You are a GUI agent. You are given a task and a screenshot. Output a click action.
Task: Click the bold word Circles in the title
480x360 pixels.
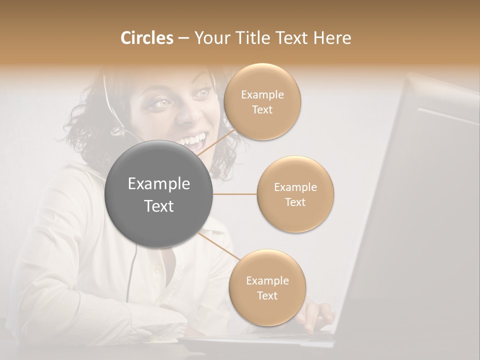(146, 38)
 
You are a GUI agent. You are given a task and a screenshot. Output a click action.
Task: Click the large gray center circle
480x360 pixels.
(159, 194)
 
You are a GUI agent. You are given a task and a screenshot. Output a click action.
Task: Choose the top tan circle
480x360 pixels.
(262, 101)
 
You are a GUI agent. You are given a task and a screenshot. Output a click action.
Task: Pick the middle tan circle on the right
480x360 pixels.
(295, 194)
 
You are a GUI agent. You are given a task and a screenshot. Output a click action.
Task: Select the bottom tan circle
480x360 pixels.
(267, 287)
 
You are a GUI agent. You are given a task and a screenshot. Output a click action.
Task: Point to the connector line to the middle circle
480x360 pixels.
(235, 194)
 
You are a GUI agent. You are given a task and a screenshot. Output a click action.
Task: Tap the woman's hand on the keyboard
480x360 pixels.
(315, 315)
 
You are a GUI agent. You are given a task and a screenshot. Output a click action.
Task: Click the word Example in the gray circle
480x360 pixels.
(159, 184)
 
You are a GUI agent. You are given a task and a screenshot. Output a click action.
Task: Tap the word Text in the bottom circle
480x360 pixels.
(267, 295)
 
